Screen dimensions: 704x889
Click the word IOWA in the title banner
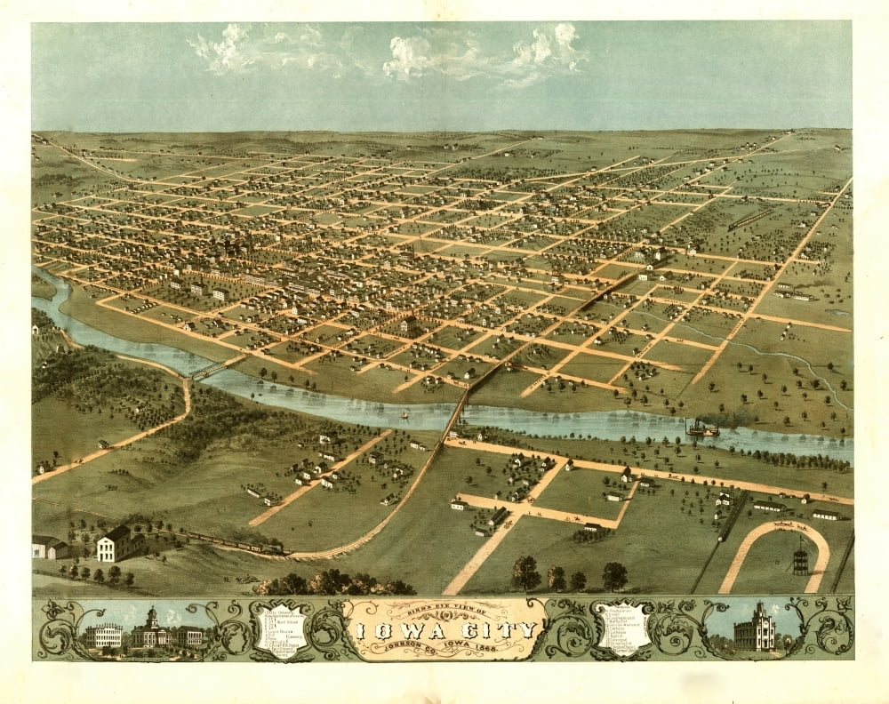pyautogui.click(x=399, y=630)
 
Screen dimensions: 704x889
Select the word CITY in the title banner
pyautogui.click(x=501, y=630)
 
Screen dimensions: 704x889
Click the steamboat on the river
pyautogui.click(x=701, y=430)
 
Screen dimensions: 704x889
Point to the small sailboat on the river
pyautogui.click(x=404, y=414)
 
